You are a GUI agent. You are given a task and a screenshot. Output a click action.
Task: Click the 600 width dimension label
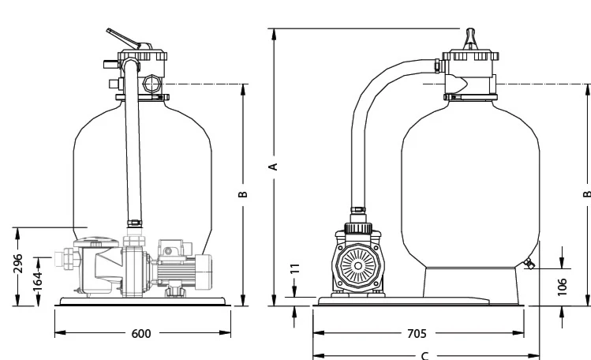pyautogui.click(x=141, y=334)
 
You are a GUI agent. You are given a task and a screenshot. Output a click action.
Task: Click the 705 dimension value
pyautogui.click(x=417, y=334)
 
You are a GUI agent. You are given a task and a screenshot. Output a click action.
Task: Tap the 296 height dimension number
pyautogui.click(x=18, y=263)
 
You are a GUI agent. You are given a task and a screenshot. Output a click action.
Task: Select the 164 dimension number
pyautogui.click(x=37, y=282)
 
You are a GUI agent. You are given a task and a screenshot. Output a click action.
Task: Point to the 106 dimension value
pyautogui.click(x=562, y=287)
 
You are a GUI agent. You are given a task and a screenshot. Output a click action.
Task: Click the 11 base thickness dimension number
pyautogui.click(x=295, y=268)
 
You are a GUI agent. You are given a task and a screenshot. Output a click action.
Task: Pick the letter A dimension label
pyautogui.click(x=274, y=167)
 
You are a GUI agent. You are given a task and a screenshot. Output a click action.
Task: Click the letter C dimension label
pyautogui.click(x=425, y=356)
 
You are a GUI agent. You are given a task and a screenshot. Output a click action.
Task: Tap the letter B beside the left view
pyautogui.click(x=243, y=194)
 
